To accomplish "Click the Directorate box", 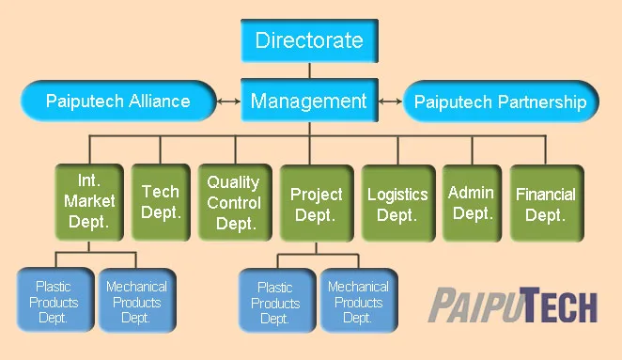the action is point(308,41).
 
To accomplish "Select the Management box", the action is point(308,100).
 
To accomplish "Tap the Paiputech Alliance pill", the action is point(118,101).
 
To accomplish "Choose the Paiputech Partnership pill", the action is point(500,102).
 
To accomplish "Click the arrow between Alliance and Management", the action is point(228,101).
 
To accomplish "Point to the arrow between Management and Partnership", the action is point(390,101).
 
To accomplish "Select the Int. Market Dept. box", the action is point(89,200).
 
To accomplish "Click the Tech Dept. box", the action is point(160,202).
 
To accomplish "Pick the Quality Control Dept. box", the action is point(233,202).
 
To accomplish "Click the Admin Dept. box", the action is point(471,202).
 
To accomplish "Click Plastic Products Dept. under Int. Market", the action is point(54,301).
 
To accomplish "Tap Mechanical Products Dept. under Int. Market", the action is point(136,301).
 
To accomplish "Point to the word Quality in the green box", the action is point(233,182).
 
